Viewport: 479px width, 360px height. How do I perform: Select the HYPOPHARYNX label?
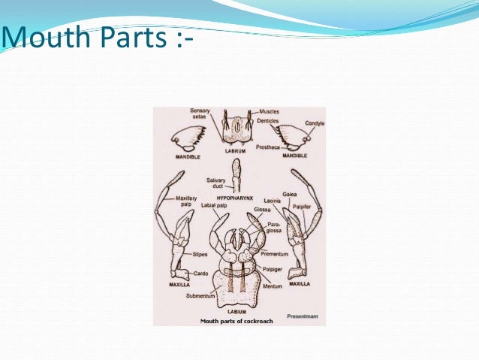coord(237,197)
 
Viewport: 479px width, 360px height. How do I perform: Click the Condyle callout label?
coord(315,123)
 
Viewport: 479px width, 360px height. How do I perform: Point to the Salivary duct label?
coord(216,183)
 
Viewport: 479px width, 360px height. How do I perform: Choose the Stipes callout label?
coord(199,256)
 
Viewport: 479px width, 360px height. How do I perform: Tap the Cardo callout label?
coord(200,274)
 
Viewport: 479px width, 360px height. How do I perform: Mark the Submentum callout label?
coord(200,295)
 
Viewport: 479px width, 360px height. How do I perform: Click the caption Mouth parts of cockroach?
coord(237,320)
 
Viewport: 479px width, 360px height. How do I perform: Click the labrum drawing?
coord(238,130)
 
